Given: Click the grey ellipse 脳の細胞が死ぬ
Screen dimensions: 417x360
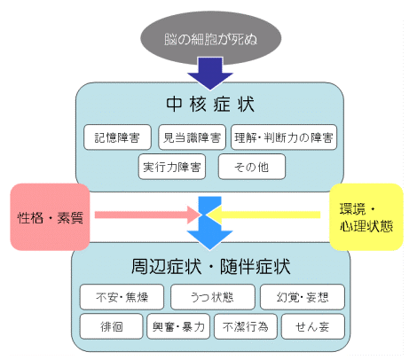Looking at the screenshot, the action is point(210,38).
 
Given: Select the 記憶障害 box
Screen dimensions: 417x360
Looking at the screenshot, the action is point(117,137).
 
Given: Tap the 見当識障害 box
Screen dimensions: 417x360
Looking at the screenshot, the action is point(192,137).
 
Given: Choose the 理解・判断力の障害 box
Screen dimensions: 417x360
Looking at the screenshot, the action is point(284,137).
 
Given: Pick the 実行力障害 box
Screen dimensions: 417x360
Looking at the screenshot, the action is point(172,167).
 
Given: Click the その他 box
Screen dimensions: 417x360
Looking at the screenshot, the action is point(252,167).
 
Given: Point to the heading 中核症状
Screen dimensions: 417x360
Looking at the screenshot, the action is point(210,104).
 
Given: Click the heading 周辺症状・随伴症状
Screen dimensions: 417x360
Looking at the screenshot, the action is point(210,267).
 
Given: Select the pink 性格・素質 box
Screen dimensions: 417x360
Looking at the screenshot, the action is point(50,217).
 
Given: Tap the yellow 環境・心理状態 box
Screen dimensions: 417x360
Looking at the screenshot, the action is point(366,217).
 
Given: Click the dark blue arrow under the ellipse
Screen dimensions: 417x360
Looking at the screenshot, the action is point(210,74).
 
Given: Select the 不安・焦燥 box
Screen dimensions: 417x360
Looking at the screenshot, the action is point(122,297).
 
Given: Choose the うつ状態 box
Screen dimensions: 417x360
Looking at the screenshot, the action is point(213,297).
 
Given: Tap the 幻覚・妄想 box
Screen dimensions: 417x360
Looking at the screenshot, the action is point(303,297).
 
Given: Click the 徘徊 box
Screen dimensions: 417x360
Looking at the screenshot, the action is point(111,326).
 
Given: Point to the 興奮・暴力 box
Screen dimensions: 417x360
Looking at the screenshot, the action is point(178,326).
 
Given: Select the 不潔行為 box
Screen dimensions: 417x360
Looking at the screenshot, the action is point(246,326).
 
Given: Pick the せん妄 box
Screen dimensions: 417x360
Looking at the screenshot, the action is point(313,326).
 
